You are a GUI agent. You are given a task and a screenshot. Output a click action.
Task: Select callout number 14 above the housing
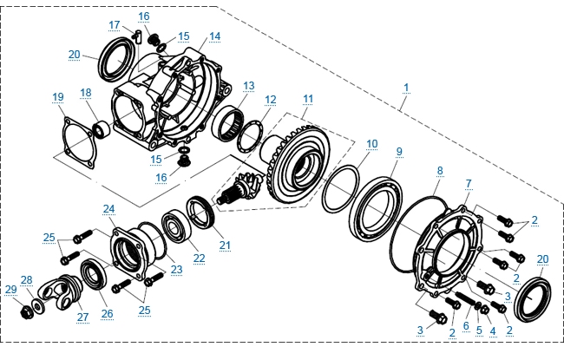tap(215, 36)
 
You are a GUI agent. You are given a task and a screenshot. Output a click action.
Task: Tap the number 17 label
tap(115, 24)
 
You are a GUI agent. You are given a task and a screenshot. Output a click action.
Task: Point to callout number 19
tap(57, 95)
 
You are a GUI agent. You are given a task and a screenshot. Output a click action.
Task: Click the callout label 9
tap(399, 152)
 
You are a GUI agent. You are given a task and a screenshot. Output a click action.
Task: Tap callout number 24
tap(108, 209)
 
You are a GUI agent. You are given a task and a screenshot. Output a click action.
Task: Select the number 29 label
tap(10, 289)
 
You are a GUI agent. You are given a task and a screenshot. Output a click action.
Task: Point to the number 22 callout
tap(199, 258)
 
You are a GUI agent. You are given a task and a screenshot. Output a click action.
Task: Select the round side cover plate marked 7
tap(451, 247)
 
